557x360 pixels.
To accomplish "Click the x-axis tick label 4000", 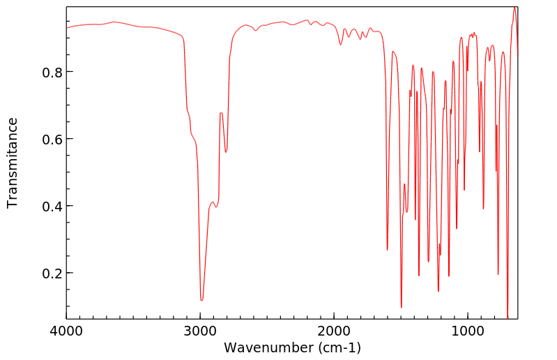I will (x=67, y=331).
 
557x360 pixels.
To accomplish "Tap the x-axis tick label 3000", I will (x=200, y=331).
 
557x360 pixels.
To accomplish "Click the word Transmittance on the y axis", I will (x=13, y=163).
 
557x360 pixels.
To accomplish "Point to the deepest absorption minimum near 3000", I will (x=201, y=300).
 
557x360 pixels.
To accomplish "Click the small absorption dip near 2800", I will (x=226, y=152).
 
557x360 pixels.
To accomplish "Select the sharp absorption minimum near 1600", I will (x=388, y=250).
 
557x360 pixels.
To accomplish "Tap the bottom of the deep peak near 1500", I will (x=401, y=307).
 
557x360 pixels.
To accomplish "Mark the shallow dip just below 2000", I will (x=340, y=45).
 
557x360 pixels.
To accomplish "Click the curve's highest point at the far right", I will (x=514, y=8).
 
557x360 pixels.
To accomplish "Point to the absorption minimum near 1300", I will (x=428, y=262).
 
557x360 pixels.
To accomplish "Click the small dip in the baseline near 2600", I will (x=255, y=31).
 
